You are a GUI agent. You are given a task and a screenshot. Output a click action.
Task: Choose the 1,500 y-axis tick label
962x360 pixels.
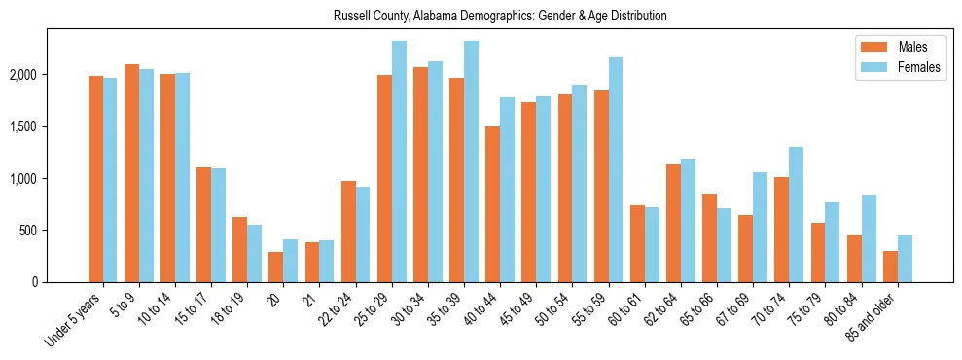point(23,126)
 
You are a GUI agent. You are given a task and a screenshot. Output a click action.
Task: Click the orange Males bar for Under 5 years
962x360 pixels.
point(95,179)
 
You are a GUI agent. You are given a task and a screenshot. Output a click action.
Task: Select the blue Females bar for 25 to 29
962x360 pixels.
point(399,162)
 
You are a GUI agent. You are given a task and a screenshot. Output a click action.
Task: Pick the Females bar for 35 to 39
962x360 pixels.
point(471,162)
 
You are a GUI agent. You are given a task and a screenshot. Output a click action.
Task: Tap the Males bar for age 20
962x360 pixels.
point(276,268)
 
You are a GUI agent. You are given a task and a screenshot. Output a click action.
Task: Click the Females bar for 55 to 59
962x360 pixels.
point(616,170)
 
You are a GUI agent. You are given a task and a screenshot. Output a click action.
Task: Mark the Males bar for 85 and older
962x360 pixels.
point(890,267)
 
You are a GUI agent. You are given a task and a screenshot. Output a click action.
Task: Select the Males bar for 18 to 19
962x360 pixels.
point(239,250)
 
